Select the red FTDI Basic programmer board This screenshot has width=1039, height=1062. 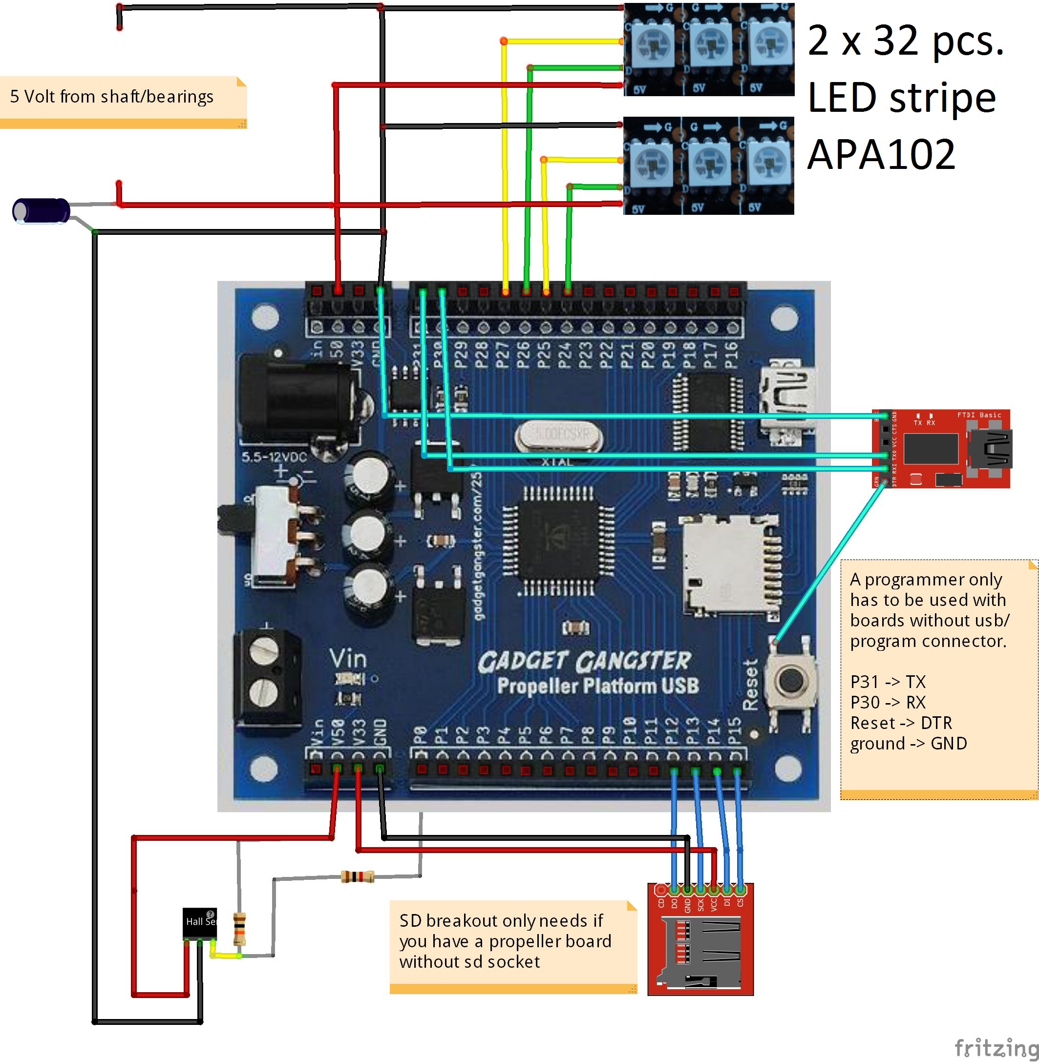(x=941, y=448)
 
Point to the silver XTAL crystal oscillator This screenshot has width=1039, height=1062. (x=559, y=436)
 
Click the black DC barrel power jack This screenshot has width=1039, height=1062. (x=297, y=398)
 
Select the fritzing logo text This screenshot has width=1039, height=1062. (x=996, y=1047)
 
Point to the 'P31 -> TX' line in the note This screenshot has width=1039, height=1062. (x=888, y=682)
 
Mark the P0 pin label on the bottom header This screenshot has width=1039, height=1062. (x=420, y=735)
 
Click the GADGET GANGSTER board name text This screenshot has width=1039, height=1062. (x=584, y=662)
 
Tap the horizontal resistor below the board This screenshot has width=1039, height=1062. (x=358, y=876)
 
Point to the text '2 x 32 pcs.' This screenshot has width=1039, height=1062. (x=905, y=41)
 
